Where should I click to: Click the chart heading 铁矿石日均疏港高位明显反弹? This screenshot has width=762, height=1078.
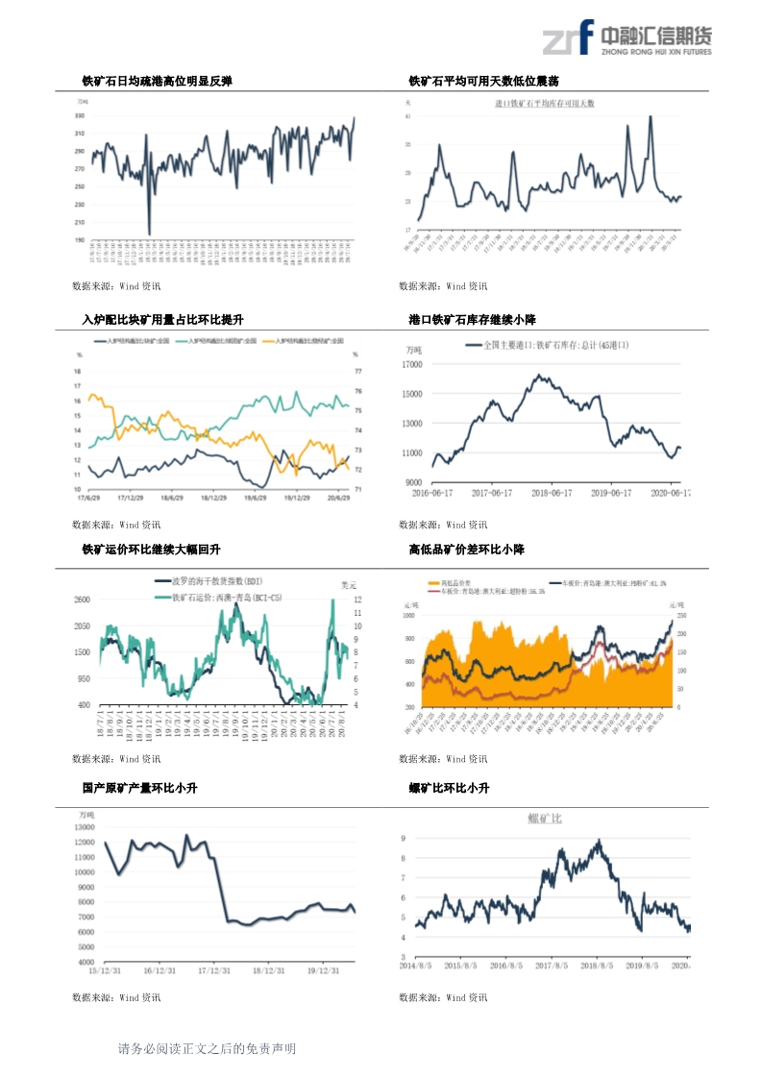(157, 82)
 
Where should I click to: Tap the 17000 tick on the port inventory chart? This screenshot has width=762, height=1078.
(411, 364)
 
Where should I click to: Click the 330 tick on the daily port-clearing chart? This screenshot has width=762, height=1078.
(80, 115)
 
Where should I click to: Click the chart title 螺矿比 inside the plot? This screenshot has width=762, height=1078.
(545, 819)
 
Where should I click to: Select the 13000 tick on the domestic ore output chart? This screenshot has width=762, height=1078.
(84, 826)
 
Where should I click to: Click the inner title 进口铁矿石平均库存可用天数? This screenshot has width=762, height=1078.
(545, 103)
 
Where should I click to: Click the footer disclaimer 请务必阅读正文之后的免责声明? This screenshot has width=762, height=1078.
(207, 1049)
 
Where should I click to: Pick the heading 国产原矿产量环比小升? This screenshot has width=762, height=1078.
(139, 788)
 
